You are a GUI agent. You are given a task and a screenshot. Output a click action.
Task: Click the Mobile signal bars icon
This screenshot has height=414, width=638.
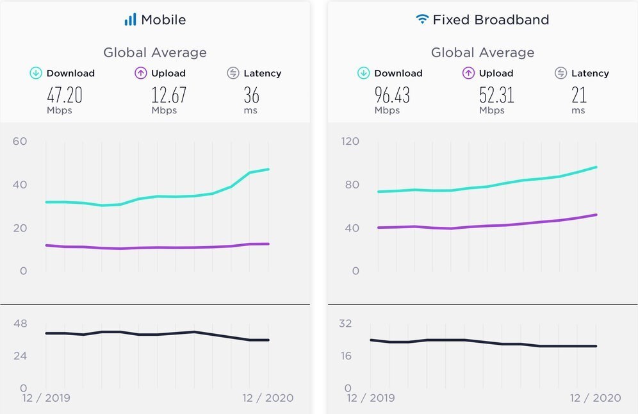pos(130,20)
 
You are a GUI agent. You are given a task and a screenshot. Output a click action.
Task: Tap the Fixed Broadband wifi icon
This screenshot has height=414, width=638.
pos(421,19)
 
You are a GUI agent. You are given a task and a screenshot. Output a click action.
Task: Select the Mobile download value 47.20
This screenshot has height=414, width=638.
pos(64,95)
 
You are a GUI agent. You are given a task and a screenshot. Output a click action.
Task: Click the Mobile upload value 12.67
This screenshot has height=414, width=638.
pos(168,95)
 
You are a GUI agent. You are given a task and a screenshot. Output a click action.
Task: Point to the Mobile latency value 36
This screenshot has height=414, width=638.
pos(251,95)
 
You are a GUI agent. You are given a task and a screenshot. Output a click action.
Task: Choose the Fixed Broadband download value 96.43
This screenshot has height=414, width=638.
pos(391,95)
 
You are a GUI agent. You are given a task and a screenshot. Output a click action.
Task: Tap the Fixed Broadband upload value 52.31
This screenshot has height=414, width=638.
pos(496,95)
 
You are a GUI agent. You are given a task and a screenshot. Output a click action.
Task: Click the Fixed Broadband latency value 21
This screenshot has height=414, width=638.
pos(578,95)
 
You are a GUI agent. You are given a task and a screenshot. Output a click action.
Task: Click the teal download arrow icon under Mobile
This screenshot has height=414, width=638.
pos(36,73)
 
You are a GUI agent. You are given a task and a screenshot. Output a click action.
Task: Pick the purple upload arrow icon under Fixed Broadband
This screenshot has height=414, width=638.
pos(468,73)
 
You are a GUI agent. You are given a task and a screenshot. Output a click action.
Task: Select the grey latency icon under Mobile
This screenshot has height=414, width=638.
pos(233,73)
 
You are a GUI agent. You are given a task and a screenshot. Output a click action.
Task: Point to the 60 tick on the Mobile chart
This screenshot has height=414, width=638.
pos(20,141)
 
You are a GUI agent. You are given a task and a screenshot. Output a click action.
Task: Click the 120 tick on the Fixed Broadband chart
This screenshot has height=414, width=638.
pos(350,141)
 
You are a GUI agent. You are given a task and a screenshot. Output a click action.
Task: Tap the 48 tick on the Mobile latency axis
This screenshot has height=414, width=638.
pos(20,324)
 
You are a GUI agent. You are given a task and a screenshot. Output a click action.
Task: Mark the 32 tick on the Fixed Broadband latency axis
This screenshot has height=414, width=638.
pos(345,324)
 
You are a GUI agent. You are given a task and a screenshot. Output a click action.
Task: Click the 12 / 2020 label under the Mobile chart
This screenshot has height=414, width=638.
pos(267,398)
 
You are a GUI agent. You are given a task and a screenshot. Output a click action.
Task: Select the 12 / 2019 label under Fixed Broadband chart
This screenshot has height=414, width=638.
pos(370,398)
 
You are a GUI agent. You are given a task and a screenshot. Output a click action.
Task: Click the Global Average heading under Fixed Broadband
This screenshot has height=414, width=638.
pos(482,53)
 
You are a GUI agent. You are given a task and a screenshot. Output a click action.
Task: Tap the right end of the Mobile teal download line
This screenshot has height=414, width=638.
pos(268,169)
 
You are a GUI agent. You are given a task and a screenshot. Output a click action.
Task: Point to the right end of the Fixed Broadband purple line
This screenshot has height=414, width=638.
pos(596,215)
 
